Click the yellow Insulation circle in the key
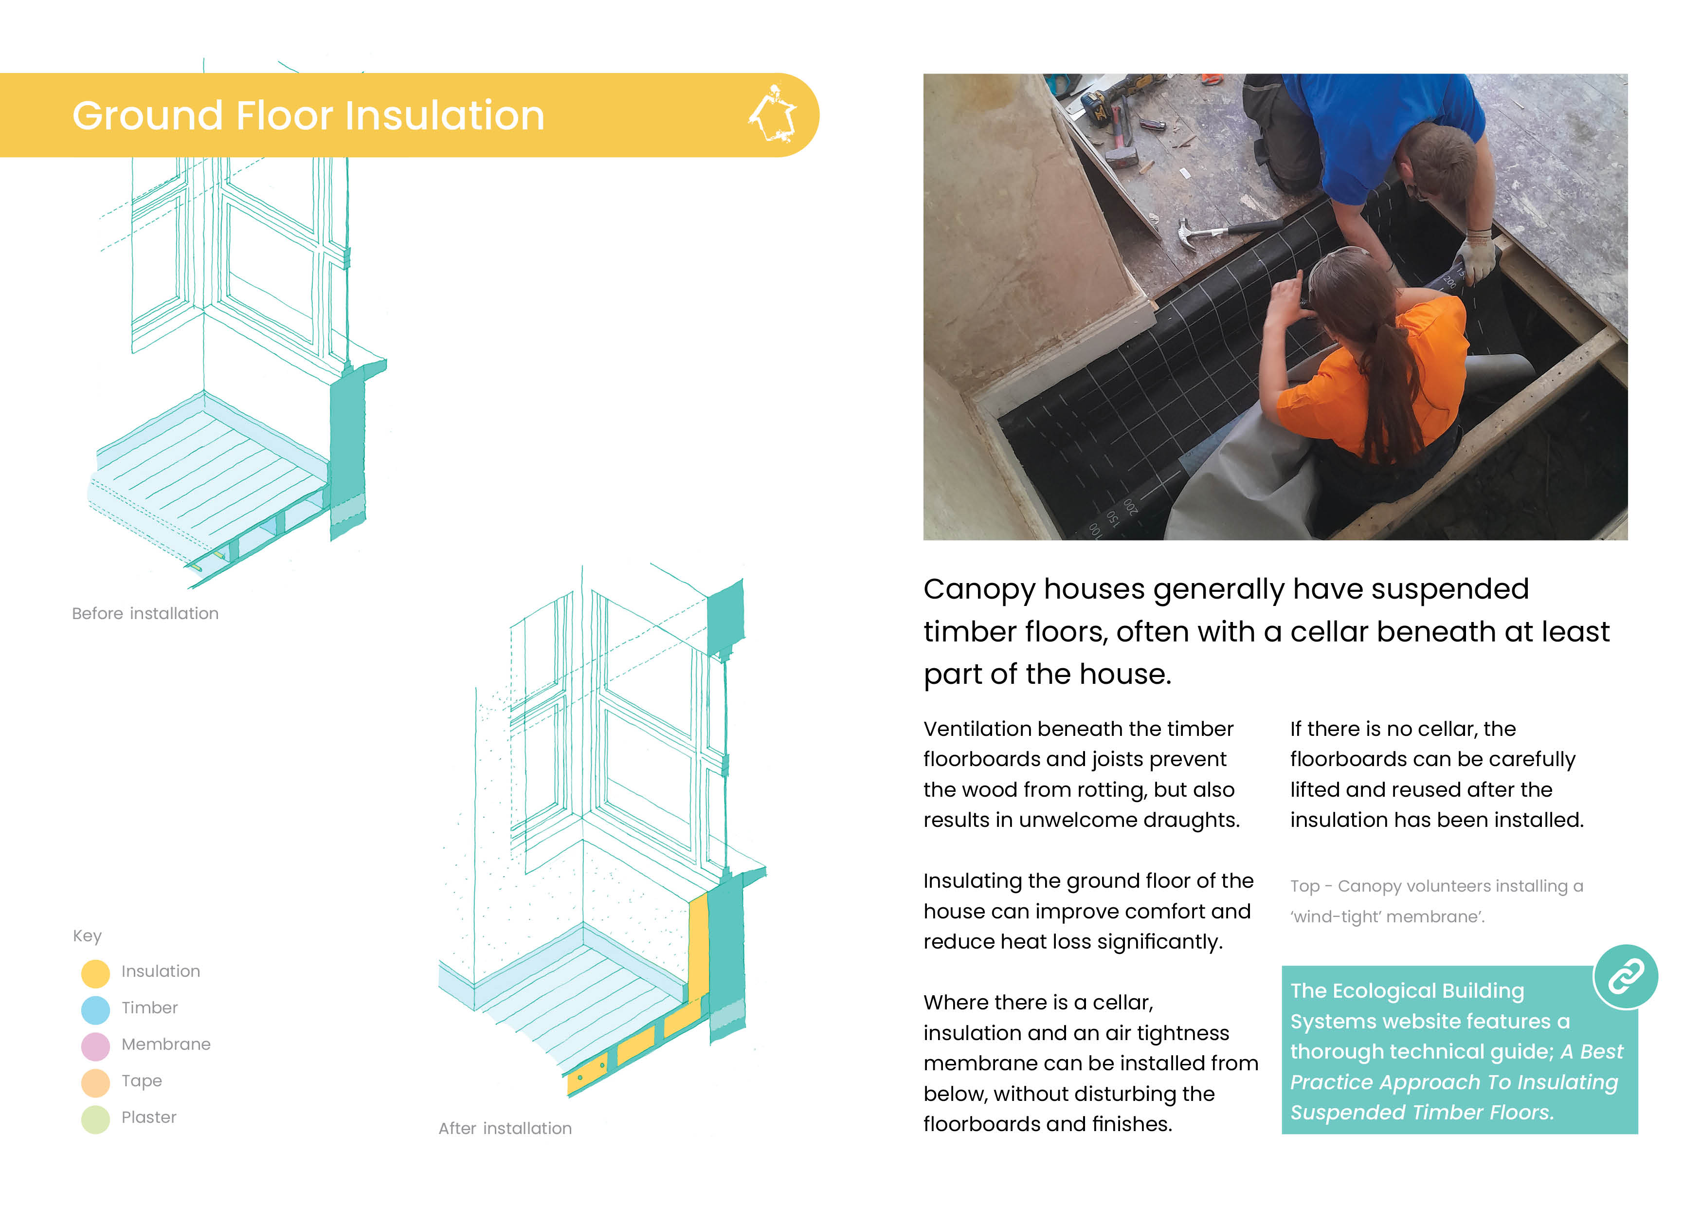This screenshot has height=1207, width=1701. coord(95,973)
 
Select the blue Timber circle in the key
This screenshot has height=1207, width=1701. coord(95,1009)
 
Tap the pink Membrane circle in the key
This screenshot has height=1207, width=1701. coord(95,1046)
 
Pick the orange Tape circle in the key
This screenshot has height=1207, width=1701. coord(95,1082)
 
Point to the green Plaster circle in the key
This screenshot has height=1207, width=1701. coord(95,1118)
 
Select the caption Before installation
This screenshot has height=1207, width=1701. coord(145,613)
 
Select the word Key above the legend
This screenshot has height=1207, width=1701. coord(87,936)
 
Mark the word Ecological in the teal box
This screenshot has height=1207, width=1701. coord(1407,991)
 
